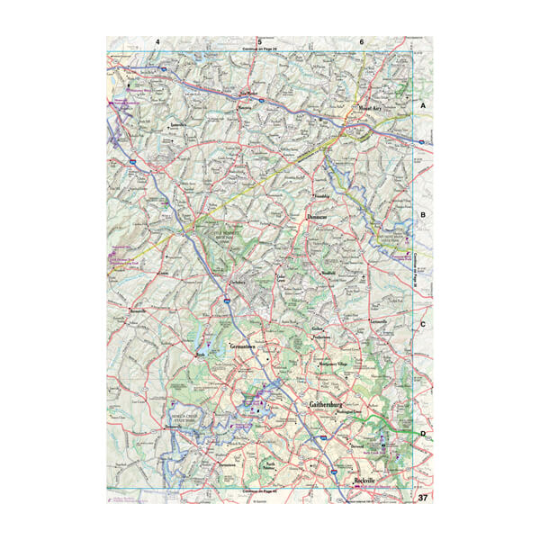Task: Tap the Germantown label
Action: pyautogui.click(x=239, y=346)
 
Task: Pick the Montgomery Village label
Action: pyautogui.click(x=337, y=364)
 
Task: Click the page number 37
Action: pyautogui.click(x=422, y=498)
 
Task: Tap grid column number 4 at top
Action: pyautogui.click(x=157, y=42)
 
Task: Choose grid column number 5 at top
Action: pyautogui.click(x=260, y=42)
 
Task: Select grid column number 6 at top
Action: pyautogui.click(x=362, y=42)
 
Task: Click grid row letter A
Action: pyautogui.click(x=422, y=106)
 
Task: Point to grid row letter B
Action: pyautogui.click(x=422, y=215)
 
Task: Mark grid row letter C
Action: pyautogui.click(x=422, y=325)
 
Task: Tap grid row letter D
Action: pyautogui.click(x=422, y=434)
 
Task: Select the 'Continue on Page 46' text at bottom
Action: pyautogui.click(x=259, y=491)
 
